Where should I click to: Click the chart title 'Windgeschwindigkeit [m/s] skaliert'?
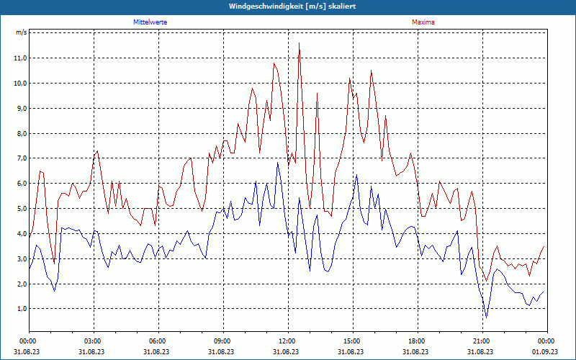[x=292, y=6]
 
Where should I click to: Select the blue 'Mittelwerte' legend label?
[x=150, y=22]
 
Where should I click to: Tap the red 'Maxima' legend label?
[x=423, y=22]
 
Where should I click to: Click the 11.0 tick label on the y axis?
[x=20, y=58]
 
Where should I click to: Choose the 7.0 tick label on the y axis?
[x=20, y=158]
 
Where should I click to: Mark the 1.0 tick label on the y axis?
[x=20, y=309]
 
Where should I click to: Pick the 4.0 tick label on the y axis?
[x=20, y=234]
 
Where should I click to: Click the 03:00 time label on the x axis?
[x=93, y=341]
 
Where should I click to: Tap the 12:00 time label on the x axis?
[x=287, y=341]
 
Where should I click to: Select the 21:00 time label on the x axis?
[x=482, y=341]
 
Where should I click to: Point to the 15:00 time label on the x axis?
[x=352, y=341]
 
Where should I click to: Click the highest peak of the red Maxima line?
[x=299, y=43]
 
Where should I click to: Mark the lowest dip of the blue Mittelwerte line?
[x=487, y=318]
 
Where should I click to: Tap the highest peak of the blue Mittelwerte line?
[x=277, y=163]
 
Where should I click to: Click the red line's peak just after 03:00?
[x=97, y=151]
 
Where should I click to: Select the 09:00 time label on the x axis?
[x=222, y=341]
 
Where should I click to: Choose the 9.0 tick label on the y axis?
[x=20, y=109]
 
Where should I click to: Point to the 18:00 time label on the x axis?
[x=417, y=341]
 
